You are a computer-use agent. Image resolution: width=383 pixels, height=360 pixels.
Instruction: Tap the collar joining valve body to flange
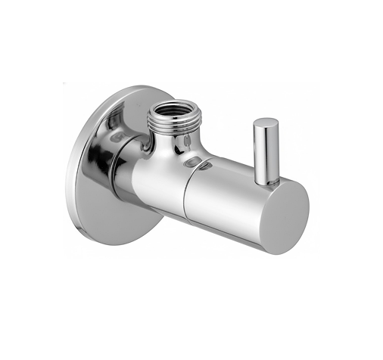(x=125, y=170)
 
